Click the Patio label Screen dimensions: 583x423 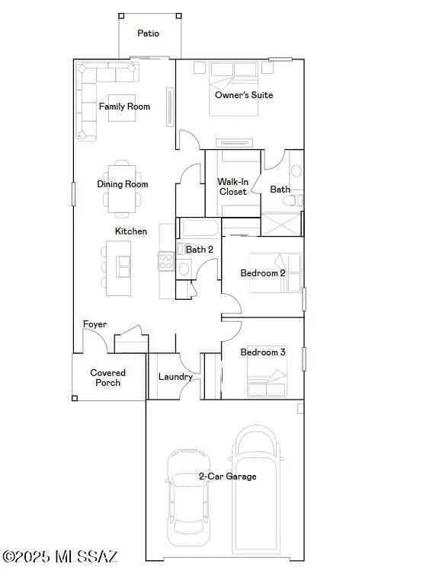[x=148, y=33]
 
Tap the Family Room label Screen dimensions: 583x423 [x=124, y=107]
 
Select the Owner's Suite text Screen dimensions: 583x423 [x=244, y=95]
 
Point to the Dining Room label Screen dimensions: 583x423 [x=122, y=184]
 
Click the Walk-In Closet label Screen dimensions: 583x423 [x=232, y=186]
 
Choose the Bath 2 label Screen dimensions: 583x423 [x=200, y=249]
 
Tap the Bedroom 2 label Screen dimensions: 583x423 [x=263, y=273]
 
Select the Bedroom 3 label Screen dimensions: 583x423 [x=263, y=352]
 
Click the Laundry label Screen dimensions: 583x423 [x=175, y=377]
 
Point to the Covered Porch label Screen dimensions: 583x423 [x=108, y=378]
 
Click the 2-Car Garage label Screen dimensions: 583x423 [x=227, y=476]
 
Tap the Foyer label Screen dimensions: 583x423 [x=95, y=324]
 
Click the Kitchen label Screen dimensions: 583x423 [x=131, y=231]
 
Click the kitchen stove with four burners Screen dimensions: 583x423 [x=166, y=261]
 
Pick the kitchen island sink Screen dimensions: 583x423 [x=123, y=266]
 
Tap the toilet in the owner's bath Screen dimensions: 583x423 [x=290, y=200]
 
